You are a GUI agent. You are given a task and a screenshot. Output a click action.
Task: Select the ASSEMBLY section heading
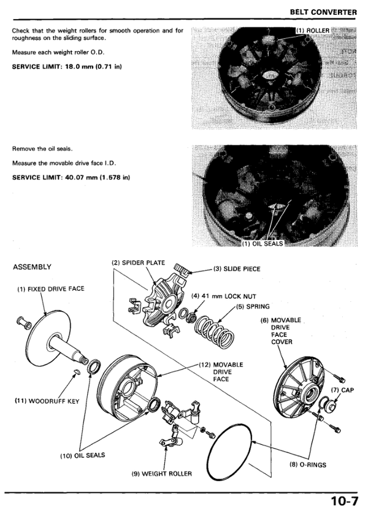[32, 267]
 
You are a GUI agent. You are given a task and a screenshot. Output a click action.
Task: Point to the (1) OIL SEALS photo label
[263, 244]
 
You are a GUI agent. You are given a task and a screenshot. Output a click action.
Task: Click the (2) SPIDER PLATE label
[138, 263]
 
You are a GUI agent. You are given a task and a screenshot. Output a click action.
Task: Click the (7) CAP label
[339, 390]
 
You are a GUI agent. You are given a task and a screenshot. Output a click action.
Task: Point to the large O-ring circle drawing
[231, 457]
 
